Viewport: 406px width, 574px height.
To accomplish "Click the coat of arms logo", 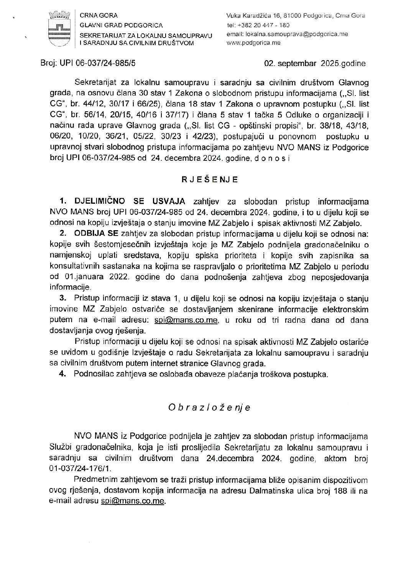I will (x=59, y=29).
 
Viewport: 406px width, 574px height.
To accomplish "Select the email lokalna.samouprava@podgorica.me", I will (x=287, y=34).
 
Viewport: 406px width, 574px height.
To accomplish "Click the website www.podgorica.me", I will (x=253, y=43).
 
